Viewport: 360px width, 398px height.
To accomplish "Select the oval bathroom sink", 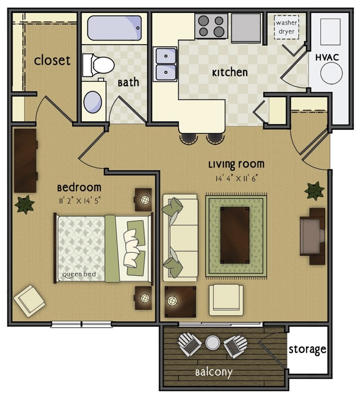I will tap(93, 102).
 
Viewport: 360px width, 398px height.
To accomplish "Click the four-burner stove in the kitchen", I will tap(211, 26).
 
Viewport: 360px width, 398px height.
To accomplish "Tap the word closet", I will tap(52, 60).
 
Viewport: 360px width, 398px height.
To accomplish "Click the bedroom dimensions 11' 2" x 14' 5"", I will tap(79, 201).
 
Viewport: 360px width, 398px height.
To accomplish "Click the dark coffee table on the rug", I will tap(234, 235).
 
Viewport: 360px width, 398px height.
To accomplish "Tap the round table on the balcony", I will tap(212, 343).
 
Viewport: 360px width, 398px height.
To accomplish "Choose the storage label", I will tap(307, 349).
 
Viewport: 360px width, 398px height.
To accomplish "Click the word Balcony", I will tap(214, 372).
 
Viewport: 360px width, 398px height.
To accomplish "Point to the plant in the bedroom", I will tap(25, 204).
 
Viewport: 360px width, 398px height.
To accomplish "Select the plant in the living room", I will tap(314, 191).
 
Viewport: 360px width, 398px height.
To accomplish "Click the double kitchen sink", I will tap(166, 64).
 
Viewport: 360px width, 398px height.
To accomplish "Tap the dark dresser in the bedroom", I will tap(25, 161).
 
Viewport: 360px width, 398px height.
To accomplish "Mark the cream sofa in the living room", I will tap(180, 236).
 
